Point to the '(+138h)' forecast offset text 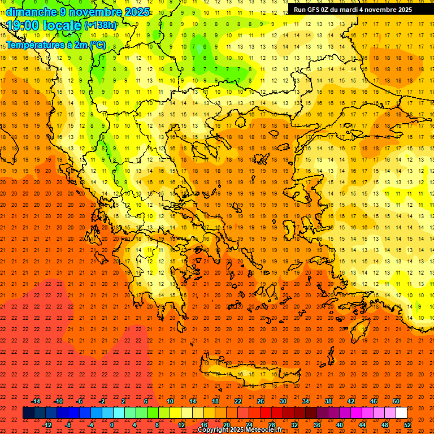(101, 25)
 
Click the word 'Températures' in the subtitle (34, 45)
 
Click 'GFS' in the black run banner (314, 10)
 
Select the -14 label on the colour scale (36, 401)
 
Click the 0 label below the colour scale (111, 425)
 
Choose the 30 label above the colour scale (283, 401)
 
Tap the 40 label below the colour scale (340, 425)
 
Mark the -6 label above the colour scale (80, 401)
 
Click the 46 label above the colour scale (374, 401)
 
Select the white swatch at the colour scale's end (401, 413)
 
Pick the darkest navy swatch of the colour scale (28, 413)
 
